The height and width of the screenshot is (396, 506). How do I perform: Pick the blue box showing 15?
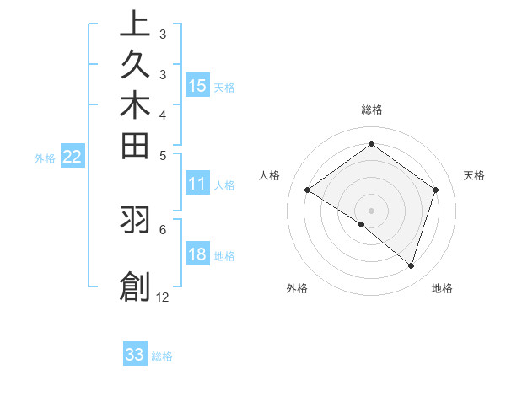point(196,86)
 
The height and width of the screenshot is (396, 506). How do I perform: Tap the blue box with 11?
point(196,185)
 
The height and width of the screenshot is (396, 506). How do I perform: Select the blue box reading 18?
point(196,255)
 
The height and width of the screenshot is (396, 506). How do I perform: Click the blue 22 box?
point(73,157)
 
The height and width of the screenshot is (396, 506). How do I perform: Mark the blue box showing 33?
point(135,355)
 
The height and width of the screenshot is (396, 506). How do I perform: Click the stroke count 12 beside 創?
point(163,297)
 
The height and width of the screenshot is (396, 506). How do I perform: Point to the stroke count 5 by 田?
point(163,155)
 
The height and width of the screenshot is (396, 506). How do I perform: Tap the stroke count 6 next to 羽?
point(163,228)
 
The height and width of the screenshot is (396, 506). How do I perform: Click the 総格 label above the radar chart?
point(371,110)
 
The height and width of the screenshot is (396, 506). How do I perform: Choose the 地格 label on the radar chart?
point(442,288)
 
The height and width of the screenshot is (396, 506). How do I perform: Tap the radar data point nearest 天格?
point(435,190)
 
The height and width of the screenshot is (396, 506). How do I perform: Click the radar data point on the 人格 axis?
point(308,190)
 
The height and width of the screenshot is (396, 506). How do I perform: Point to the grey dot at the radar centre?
point(371,210)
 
